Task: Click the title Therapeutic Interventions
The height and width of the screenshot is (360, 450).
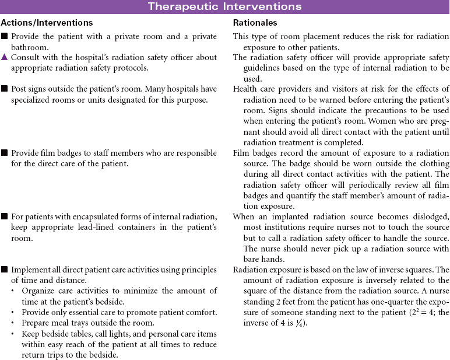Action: tap(224, 6)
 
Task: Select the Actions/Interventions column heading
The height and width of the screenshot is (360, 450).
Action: tap(47, 23)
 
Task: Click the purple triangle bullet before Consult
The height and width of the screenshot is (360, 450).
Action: tap(5, 57)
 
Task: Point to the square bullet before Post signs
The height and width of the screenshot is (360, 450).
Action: tap(5, 89)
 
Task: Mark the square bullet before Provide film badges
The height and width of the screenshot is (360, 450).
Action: tap(5, 153)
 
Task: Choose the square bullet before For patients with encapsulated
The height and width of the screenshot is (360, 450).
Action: tap(5, 216)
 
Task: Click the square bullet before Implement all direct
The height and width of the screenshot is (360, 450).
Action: tap(5, 270)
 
